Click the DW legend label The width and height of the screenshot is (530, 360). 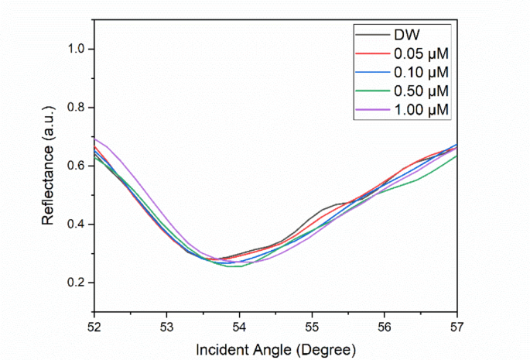click(407, 35)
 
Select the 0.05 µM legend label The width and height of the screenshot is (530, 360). click(422, 53)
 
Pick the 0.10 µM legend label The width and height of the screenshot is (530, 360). click(422, 73)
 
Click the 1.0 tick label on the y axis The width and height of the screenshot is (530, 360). click(75, 49)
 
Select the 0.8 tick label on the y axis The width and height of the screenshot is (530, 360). click(75, 108)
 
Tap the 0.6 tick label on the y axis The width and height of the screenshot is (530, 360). click(75, 166)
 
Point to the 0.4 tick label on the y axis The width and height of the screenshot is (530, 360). click(75, 225)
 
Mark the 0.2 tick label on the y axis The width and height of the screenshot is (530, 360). click(75, 283)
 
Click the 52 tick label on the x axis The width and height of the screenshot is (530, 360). click(94, 319)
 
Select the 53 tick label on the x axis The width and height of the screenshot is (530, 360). click(167, 319)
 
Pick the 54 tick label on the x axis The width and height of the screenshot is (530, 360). click(240, 319)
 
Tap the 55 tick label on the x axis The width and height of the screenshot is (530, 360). click(312, 319)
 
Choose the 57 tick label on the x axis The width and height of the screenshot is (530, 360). click(456, 319)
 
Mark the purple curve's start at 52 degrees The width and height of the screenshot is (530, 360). click(95, 139)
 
